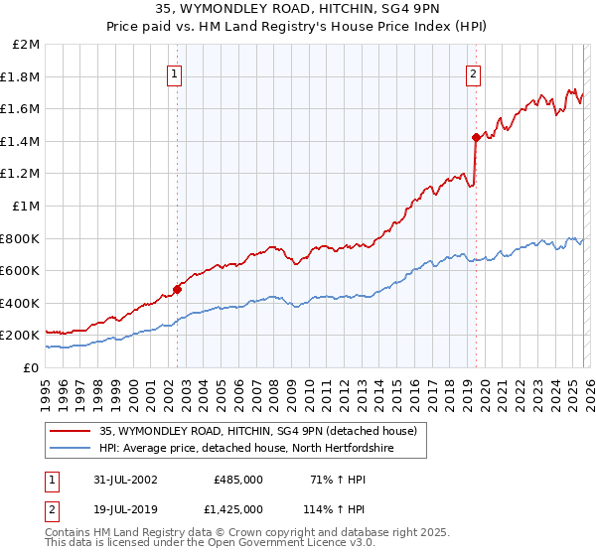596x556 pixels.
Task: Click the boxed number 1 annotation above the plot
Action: click(x=175, y=72)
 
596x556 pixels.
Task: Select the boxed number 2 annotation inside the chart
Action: click(x=473, y=72)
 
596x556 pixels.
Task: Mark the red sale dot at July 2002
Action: click(x=178, y=289)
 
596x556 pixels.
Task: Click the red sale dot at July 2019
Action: click(x=476, y=137)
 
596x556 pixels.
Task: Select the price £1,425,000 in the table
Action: click(x=238, y=508)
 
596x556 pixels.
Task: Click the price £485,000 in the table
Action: click(x=238, y=480)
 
